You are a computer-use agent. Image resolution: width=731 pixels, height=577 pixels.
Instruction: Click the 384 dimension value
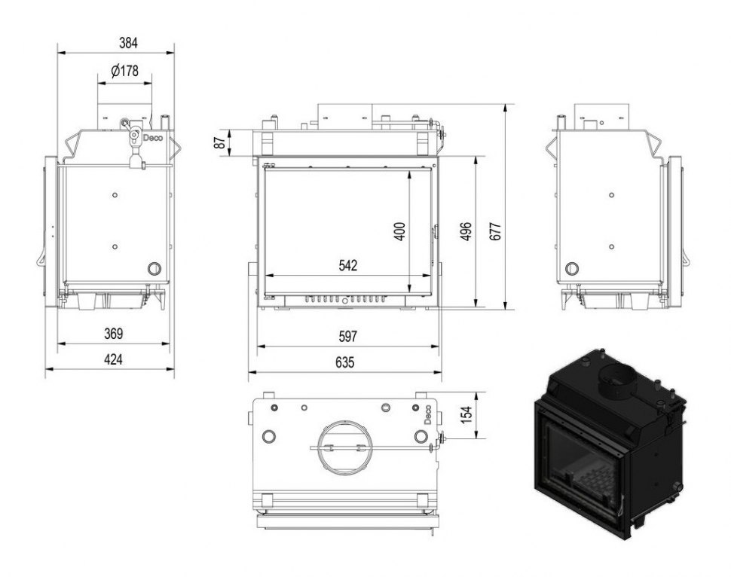tap(117, 43)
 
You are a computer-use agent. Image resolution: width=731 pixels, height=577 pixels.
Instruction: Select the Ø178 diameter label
tap(124, 72)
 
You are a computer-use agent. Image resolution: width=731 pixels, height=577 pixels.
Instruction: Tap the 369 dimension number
tap(113, 334)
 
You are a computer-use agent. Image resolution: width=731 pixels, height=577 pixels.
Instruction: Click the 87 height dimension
tap(221, 142)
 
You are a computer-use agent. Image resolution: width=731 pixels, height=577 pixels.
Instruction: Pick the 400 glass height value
tap(400, 229)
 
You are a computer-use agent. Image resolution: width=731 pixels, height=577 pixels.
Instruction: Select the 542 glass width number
tap(347, 265)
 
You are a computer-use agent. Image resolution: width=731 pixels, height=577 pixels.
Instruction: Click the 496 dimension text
tap(466, 230)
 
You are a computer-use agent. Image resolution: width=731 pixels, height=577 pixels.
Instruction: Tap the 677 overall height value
tap(494, 230)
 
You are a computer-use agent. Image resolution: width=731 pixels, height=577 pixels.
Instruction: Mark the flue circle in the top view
tap(343, 446)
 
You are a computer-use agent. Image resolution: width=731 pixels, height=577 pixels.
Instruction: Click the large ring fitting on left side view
tap(154, 267)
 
